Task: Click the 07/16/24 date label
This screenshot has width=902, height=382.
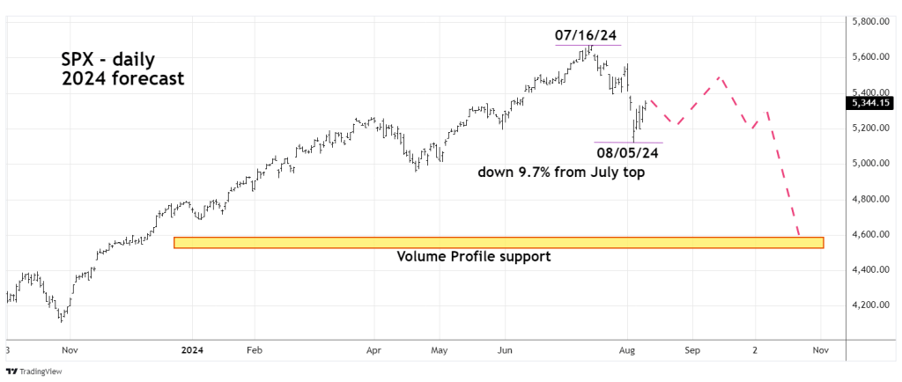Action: pyautogui.click(x=586, y=36)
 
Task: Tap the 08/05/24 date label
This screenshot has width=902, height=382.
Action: pyautogui.click(x=628, y=152)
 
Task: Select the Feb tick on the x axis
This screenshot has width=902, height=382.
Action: pyautogui.click(x=254, y=349)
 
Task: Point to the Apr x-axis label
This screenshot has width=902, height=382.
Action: pyautogui.click(x=373, y=349)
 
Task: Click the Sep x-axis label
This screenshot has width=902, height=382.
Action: pyautogui.click(x=691, y=349)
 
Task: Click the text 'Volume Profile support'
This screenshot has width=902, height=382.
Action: pyautogui.click(x=474, y=257)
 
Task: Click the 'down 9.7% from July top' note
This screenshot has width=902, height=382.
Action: pyautogui.click(x=561, y=173)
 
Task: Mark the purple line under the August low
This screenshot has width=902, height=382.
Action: pyautogui.click(x=628, y=142)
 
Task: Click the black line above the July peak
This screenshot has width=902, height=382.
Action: pyautogui.click(x=588, y=45)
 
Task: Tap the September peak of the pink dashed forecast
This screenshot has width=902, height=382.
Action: pyautogui.click(x=721, y=77)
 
